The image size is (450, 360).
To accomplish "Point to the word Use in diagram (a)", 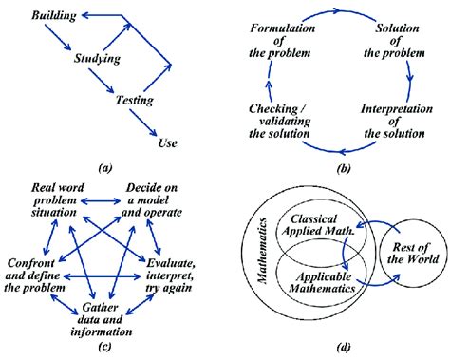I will point(166,143).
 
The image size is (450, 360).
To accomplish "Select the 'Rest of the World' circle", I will point(407,254).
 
